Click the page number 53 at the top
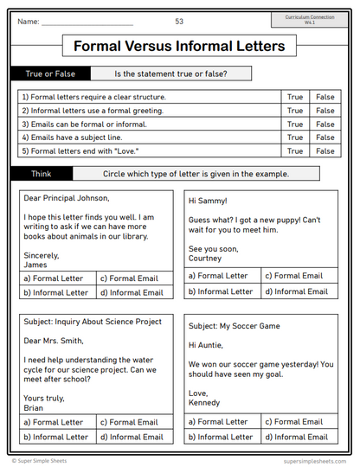point(179,22)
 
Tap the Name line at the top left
point(87,22)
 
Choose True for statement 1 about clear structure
point(295,98)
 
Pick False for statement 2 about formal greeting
point(325,111)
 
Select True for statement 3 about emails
point(295,124)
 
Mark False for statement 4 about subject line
point(325,138)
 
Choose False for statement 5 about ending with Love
point(325,150)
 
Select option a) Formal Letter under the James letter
point(55,278)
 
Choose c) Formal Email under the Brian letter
point(130,422)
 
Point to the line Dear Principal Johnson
point(67,198)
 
